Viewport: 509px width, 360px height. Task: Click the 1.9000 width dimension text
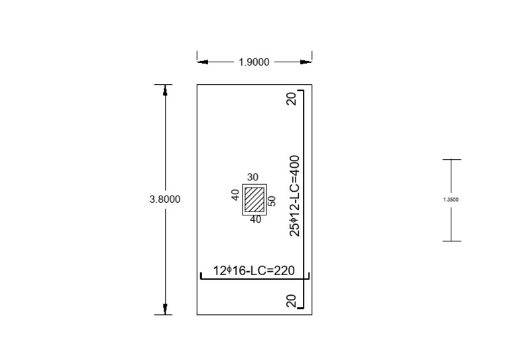pyautogui.click(x=254, y=62)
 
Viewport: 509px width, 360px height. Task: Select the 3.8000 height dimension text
pyautogui.click(x=165, y=199)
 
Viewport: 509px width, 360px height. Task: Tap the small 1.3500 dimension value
pyautogui.click(x=451, y=200)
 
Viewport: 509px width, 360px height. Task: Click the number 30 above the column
pyautogui.click(x=253, y=178)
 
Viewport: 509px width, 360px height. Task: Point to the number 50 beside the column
pyautogui.click(x=272, y=201)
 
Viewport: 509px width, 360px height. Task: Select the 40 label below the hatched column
pyautogui.click(x=255, y=219)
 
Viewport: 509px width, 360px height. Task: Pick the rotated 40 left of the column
pyautogui.click(x=235, y=196)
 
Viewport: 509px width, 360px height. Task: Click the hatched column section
pyautogui.click(x=253, y=199)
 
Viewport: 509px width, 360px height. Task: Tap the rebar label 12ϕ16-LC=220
pyautogui.click(x=254, y=270)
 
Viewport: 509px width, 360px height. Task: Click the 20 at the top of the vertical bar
pyautogui.click(x=291, y=99)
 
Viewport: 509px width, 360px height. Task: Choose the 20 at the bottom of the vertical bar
pyautogui.click(x=291, y=300)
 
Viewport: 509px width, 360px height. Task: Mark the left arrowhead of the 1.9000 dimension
pyautogui.click(x=201, y=62)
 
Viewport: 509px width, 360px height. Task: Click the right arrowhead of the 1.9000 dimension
pyautogui.click(x=306, y=62)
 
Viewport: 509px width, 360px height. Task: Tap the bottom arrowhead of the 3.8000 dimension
pyautogui.click(x=165, y=309)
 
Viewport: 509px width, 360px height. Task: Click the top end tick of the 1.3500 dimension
pyautogui.click(x=452, y=160)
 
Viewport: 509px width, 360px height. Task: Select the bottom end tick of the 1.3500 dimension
pyautogui.click(x=452, y=241)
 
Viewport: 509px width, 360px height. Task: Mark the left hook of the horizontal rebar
pyautogui.click(x=201, y=274)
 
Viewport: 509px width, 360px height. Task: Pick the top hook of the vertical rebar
pyautogui.click(x=300, y=91)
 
